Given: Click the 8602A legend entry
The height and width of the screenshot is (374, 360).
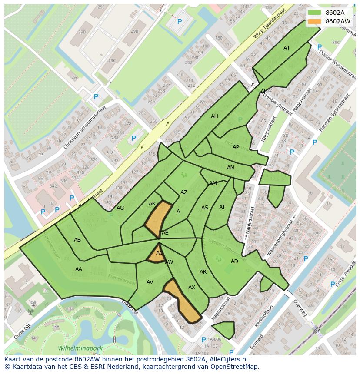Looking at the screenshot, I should (x=335, y=13).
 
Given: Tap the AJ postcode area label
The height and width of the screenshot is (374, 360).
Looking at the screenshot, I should (x=286, y=48).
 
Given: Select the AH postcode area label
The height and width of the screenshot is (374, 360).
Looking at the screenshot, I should (x=214, y=116).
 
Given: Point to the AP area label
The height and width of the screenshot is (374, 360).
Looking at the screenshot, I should (x=236, y=147).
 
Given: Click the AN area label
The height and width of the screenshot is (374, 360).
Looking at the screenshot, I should (x=230, y=168).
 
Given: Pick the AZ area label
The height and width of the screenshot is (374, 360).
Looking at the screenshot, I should (x=184, y=192).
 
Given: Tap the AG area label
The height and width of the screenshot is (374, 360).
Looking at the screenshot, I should (x=120, y=208).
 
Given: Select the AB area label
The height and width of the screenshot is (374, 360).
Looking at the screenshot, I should (x=77, y=240).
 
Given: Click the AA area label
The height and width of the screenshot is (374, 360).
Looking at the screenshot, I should (x=78, y=269).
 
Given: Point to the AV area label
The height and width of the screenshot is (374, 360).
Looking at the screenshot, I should (x=150, y=282).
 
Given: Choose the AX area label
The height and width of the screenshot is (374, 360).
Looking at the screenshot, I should (x=192, y=288).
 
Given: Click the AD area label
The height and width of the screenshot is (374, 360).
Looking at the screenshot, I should (x=234, y=261).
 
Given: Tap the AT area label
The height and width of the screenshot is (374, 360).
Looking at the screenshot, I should (x=222, y=207).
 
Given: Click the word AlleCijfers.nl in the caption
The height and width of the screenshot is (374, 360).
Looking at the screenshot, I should (x=225, y=359).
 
